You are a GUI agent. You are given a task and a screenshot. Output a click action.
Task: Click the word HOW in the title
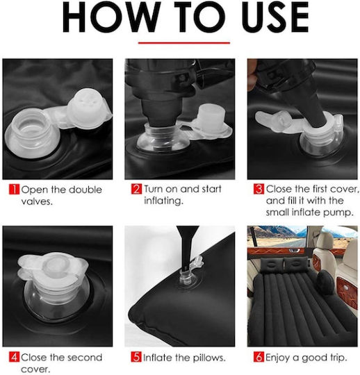(x=112, y=17)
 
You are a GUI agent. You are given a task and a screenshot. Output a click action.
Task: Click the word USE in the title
(x=275, y=17)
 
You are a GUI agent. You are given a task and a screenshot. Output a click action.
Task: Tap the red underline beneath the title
(x=184, y=43)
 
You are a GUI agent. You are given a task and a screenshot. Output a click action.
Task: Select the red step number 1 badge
(x=14, y=189)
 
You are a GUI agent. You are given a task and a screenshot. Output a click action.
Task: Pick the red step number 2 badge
(x=136, y=189)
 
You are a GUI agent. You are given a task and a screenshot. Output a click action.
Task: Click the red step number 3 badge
(x=259, y=189)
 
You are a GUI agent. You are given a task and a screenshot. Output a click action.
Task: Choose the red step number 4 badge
(x=14, y=358)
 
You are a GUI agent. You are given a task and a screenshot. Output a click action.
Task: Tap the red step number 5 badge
(x=136, y=358)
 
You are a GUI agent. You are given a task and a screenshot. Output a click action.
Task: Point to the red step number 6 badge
(x=259, y=358)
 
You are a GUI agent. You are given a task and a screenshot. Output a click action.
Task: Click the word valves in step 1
(x=36, y=201)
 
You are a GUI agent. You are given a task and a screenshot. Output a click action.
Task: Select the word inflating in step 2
(x=163, y=201)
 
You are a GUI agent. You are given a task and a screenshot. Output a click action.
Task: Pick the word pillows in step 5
(x=209, y=358)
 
